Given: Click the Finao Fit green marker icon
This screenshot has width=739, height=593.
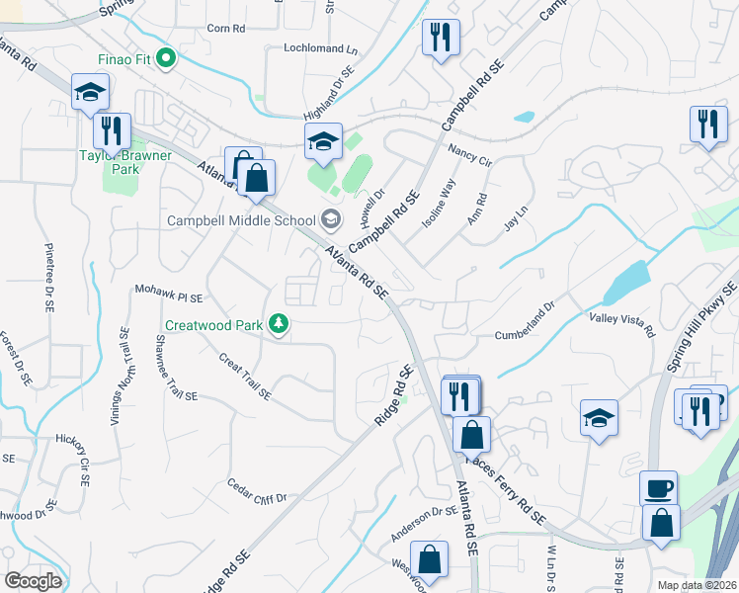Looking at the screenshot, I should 166,59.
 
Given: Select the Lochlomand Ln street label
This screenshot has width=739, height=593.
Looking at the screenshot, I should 320,47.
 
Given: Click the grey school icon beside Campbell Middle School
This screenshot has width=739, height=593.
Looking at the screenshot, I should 332,219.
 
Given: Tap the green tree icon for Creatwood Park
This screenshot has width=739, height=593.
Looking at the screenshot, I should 280,324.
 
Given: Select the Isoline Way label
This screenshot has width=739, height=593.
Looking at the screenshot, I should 439,204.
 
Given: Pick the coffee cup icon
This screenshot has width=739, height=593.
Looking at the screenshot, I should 658,488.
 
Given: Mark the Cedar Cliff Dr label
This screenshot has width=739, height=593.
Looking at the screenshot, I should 256,491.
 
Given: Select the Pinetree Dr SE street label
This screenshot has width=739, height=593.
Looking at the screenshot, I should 48,277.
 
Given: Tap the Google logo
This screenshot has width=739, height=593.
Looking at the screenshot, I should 33,581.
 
